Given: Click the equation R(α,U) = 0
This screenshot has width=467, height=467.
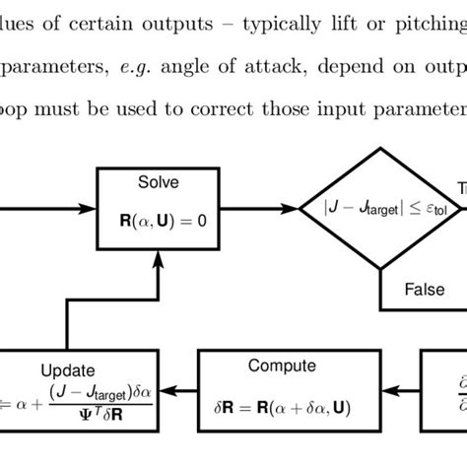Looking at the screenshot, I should (158, 221).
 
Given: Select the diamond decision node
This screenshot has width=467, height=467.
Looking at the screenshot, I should (379, 209).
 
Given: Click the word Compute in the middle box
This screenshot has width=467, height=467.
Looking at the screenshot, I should (282, 366).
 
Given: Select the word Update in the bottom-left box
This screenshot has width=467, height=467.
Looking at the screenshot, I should (68, 370).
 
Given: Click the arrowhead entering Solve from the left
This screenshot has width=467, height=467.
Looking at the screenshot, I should (87, 209).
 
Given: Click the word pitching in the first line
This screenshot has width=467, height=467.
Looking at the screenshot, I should (419, 13).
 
